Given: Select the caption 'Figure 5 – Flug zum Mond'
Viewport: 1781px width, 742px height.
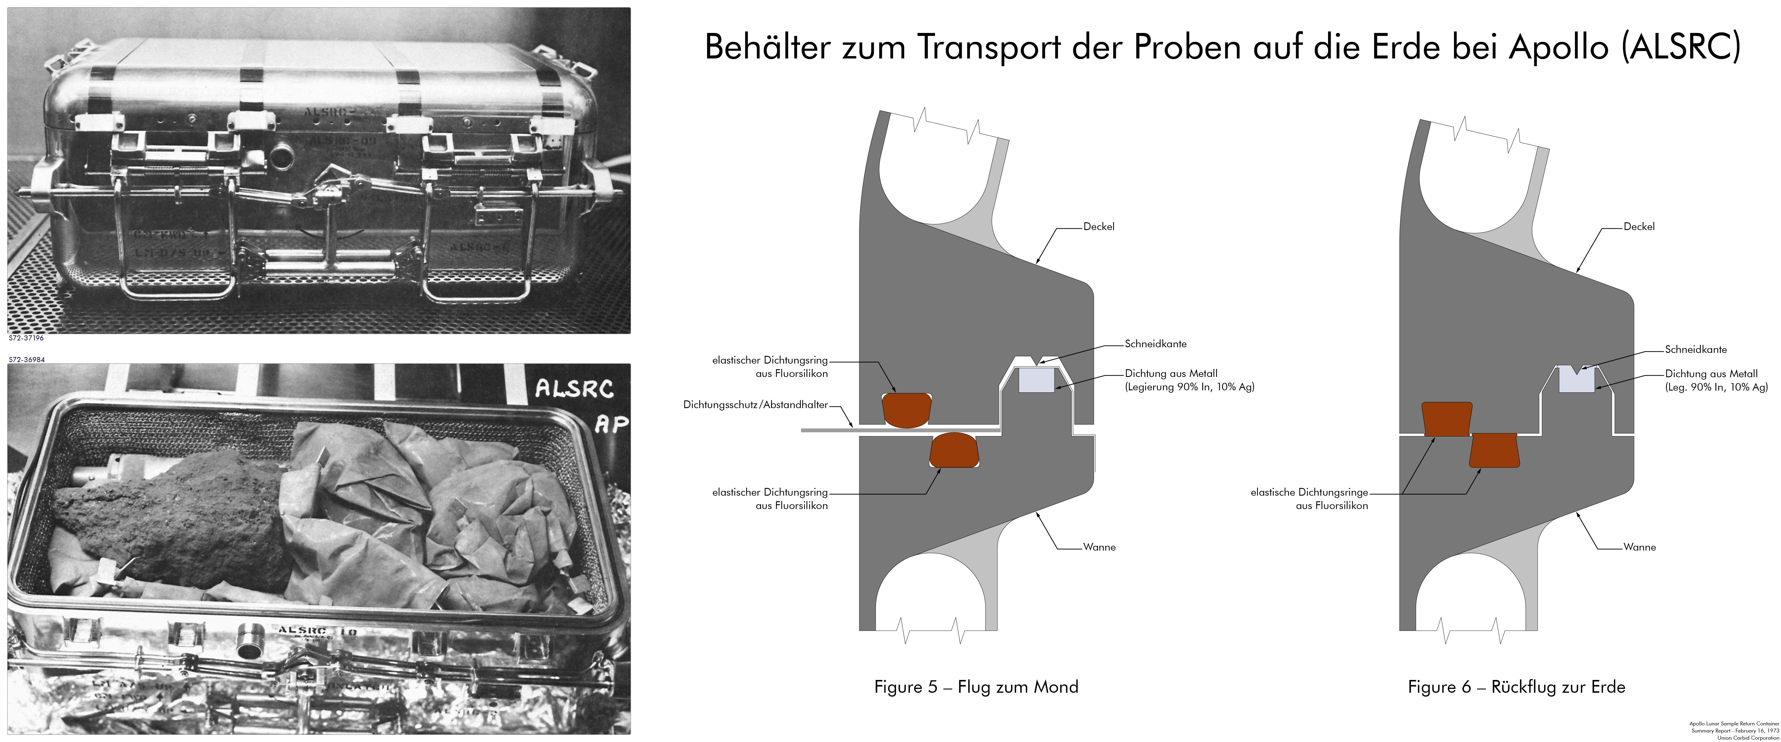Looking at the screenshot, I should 975,687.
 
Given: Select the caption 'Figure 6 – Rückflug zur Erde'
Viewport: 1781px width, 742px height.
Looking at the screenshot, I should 1516,687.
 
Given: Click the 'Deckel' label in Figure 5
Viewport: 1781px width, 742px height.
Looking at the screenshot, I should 1099,227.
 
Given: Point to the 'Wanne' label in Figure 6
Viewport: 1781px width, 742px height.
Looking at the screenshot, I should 1639,547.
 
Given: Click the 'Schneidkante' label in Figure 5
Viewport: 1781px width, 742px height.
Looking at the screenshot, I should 1155,344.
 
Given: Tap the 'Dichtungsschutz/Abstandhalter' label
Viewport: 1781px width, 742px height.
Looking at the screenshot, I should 755,405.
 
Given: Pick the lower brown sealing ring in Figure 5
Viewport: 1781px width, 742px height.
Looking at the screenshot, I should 954,450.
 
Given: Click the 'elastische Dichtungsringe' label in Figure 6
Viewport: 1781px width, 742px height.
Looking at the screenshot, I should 1309,492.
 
